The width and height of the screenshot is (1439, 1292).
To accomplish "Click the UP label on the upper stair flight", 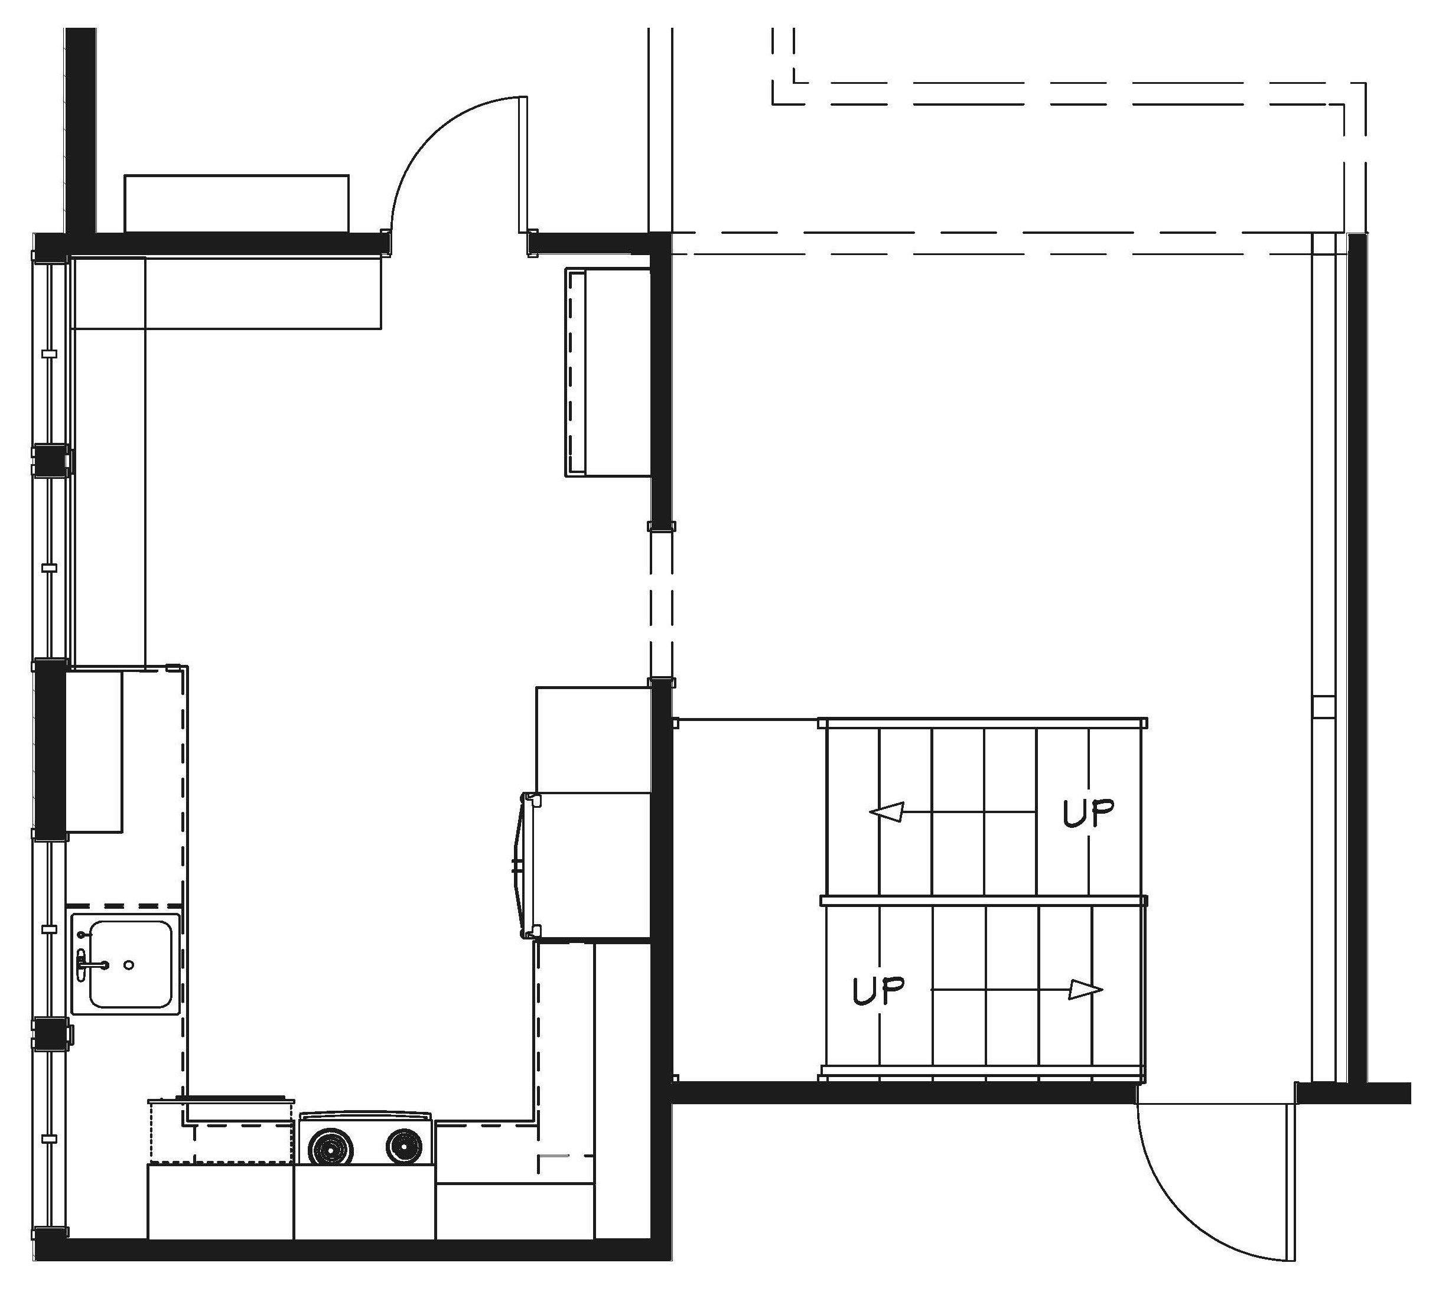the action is [x=1088, y=813].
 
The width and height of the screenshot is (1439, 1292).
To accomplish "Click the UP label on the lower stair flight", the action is [x=878, y=991].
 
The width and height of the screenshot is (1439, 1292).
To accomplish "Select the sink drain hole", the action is [x=129, y=965].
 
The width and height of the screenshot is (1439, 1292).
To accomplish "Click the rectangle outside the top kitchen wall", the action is [x=236, y=203].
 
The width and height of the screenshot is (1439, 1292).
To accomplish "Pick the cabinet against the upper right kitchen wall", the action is [x=608, y=371].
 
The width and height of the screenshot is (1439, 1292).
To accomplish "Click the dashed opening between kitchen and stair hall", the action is [x=661, y=605].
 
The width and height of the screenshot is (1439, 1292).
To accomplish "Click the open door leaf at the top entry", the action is [x=522, y=164].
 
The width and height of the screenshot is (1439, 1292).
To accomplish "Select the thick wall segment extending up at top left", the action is [x=80, y=130].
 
